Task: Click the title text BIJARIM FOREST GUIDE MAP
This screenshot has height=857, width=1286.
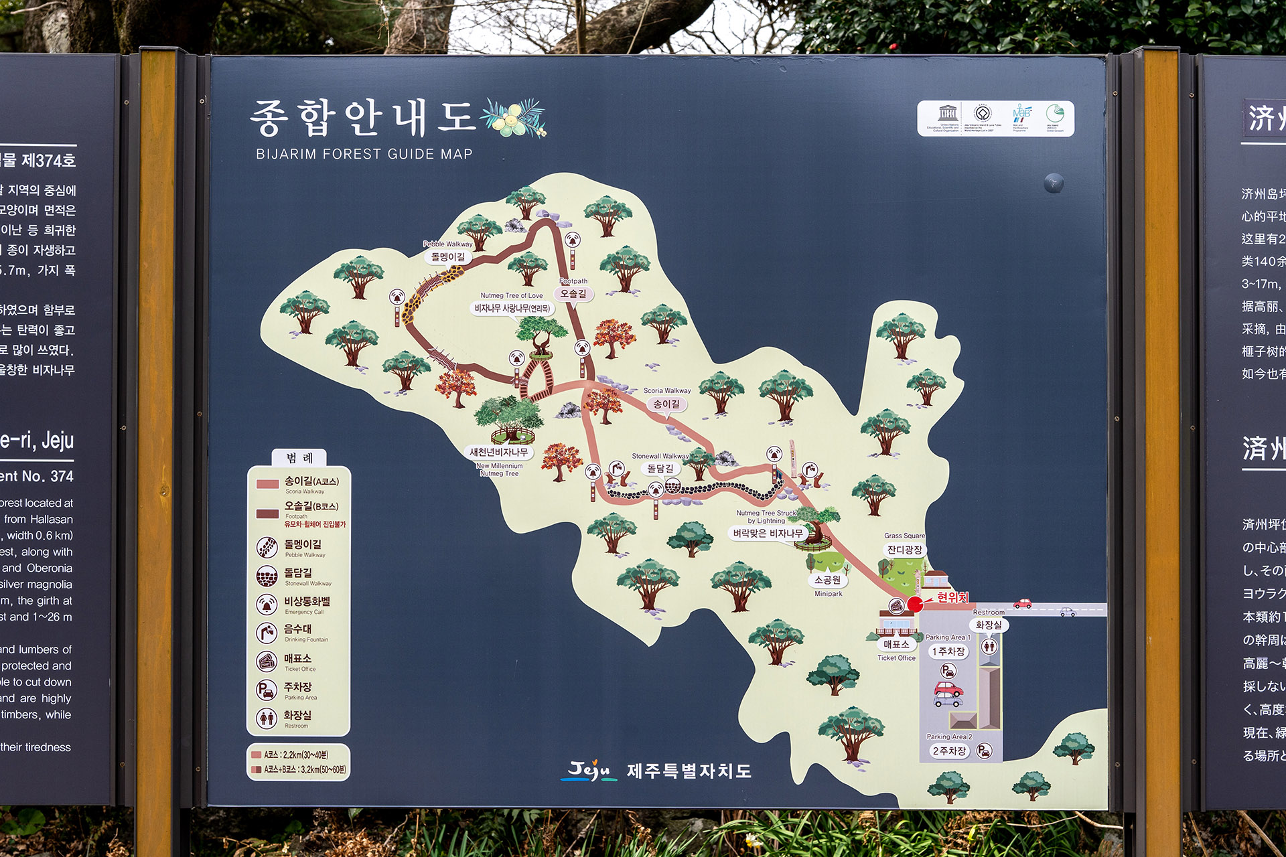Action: (x=364, y=154)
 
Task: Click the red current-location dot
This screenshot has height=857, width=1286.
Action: (x=915, y=605)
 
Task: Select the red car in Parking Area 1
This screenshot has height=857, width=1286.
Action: (x=948, y=688)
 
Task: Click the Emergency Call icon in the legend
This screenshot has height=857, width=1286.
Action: (x=267, y=604)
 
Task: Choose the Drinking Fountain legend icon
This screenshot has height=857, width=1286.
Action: (x=267, y=633)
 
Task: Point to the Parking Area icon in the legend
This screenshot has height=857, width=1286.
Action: (x=267, y=690)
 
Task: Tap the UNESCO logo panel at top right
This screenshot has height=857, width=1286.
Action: (x=995, y=119)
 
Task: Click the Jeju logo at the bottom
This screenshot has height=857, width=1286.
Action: (x=589, y=771)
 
